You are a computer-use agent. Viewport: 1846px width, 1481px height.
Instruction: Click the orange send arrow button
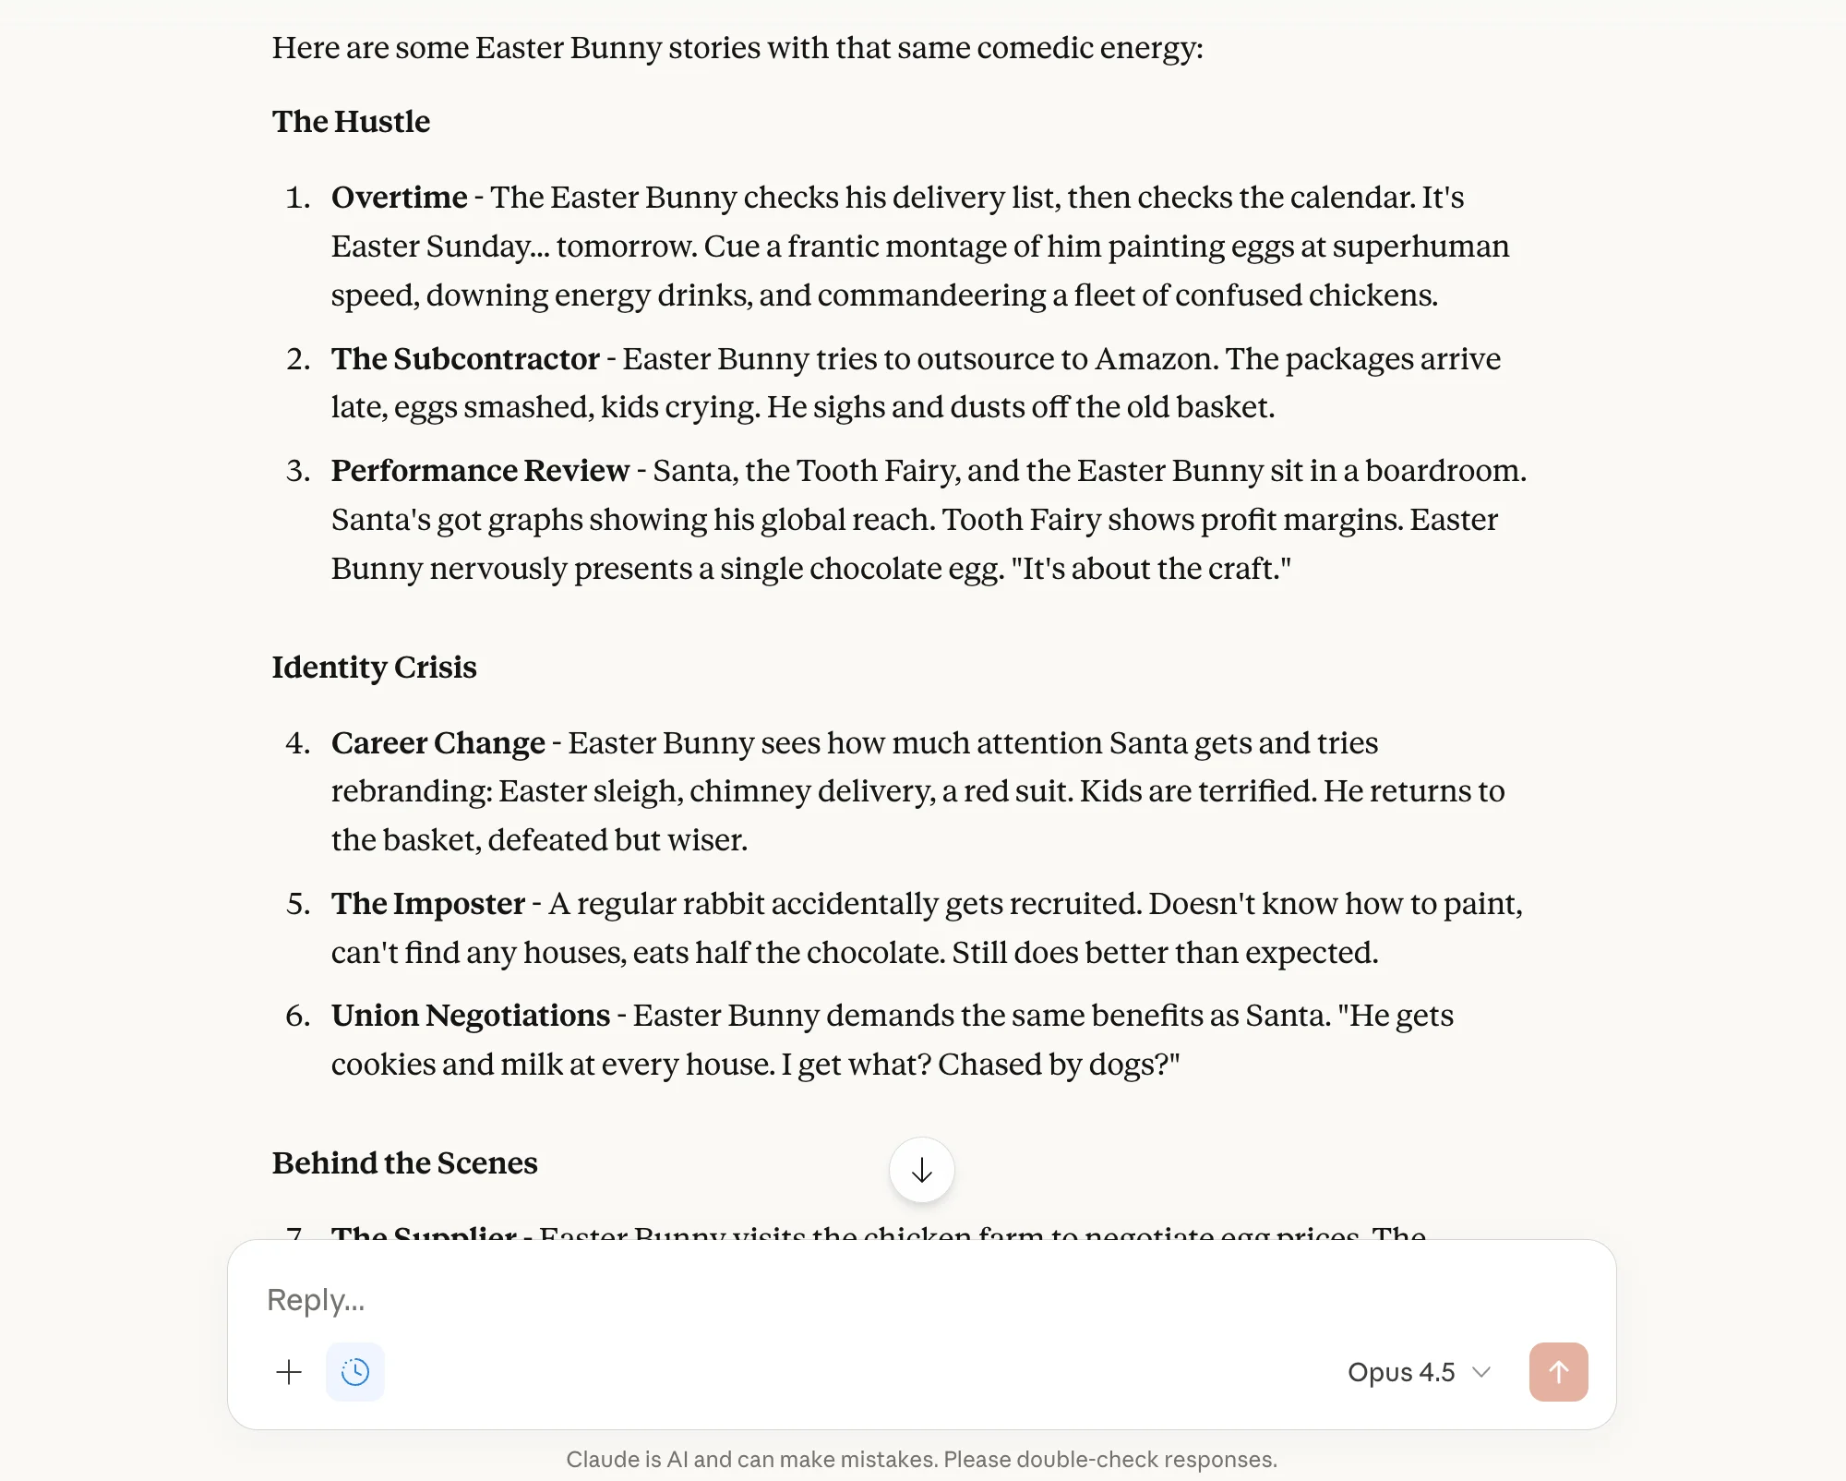pos(1558,1372)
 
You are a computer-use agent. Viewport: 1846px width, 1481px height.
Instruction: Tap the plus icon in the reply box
pos(289,1372)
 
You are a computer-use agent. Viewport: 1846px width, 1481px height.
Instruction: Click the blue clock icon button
pos(355,1372)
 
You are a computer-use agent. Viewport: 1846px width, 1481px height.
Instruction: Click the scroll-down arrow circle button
pos(921,1170)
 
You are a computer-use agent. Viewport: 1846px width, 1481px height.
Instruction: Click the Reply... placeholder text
pos(316,1300)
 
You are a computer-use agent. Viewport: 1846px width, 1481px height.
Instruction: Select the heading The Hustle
pos(351,122)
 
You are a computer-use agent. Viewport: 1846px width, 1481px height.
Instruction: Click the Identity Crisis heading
pos(374,668)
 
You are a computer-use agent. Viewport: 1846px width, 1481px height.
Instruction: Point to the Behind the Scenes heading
pos(404,1163)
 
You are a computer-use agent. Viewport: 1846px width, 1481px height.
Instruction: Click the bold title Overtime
pos(399,198)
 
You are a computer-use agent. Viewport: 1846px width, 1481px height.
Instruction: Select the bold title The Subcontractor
pos(465,359)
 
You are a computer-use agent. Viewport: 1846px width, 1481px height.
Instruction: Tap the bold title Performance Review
pos(480,471)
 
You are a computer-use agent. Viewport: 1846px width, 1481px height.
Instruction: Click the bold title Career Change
pos(438,743)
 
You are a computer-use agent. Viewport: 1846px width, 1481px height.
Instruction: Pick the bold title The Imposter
pos(427,904)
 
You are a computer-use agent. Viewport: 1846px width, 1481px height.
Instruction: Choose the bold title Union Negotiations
pos(471,1016)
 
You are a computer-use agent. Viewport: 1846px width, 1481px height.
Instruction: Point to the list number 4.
pos(297,743)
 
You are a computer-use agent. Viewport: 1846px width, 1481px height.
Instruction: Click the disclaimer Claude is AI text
pos(921,1459)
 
